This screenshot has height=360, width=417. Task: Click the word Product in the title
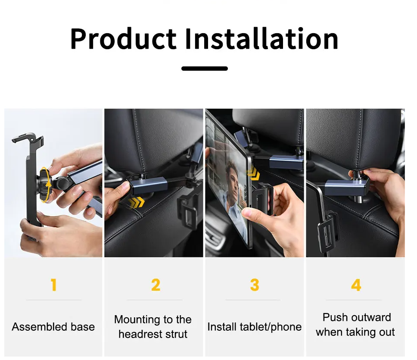coord(123,39)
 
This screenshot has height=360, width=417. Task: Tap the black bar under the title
coord(205,69)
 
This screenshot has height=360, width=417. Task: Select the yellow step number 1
coord(54,285)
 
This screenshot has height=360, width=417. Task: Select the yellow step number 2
coord(156,285)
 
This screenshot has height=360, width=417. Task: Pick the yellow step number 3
coord(255,285)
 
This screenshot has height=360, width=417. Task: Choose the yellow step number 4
coord(356,285)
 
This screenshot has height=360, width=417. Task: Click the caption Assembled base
coord(53,327)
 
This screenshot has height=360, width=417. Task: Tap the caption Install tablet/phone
coord(255,327)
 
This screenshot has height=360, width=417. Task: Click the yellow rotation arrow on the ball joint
coord(45,185)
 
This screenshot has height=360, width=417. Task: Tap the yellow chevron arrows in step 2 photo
coord(136,203)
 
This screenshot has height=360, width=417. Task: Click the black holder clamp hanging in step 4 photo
coord(328,231)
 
